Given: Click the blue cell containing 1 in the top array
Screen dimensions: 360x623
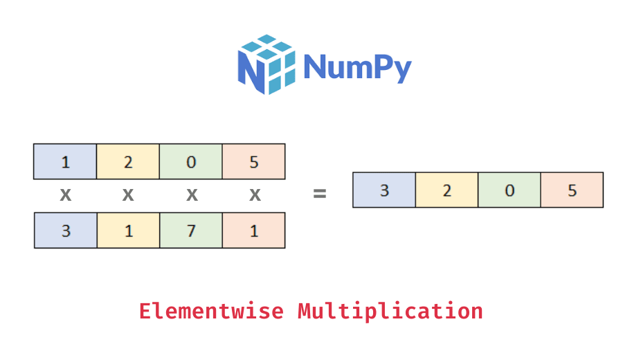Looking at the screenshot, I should [65, 161].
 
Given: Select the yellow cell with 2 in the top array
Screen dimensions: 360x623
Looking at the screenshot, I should [128, 161].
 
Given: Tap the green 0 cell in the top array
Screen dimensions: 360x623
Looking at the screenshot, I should [191, 161].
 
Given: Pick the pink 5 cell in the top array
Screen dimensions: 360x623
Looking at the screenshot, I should [253, 161].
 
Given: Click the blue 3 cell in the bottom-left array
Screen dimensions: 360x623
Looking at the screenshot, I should [65, 230].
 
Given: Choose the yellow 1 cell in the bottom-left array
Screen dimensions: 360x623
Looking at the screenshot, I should [128, 230].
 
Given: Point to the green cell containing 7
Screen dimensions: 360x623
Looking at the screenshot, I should [191, 230].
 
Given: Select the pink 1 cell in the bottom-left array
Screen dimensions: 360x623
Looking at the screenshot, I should [253, 230].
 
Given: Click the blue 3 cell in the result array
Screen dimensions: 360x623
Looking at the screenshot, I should [384, 190].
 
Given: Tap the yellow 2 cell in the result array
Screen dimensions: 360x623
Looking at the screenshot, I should [446, 190].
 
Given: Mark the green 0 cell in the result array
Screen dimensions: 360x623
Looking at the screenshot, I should [509, 190].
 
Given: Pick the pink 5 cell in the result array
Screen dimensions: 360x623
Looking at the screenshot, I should [572, 190].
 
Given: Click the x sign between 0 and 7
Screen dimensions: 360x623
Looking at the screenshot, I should [192, 195].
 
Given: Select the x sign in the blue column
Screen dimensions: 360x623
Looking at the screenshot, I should [65, 195].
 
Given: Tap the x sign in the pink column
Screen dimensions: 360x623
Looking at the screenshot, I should [255, 195].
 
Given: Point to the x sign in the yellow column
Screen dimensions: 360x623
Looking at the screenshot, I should [128, 195].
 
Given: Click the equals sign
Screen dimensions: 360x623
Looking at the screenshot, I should [319, 195].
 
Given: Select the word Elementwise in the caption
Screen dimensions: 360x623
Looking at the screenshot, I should [211, 311].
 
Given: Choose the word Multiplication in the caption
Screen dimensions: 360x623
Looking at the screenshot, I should [390, 311].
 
